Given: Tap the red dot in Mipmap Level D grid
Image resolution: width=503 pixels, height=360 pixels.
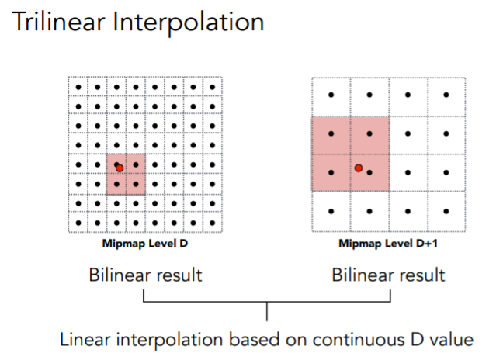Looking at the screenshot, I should [119, 167].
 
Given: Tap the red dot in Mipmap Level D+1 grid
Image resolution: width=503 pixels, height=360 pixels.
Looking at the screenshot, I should [359, 167].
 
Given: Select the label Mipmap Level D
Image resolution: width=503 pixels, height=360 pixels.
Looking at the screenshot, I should [146, 243].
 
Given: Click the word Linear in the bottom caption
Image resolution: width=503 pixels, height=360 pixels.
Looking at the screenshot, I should [85, 340].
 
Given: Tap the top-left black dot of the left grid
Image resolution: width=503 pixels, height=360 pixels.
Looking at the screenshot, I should [78, 86].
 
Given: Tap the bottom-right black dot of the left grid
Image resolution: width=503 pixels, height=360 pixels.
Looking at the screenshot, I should [213, 222].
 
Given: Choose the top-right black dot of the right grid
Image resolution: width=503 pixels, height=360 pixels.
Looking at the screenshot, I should [446, 95].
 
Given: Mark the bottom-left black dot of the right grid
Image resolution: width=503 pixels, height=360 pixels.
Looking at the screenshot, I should [331, 211].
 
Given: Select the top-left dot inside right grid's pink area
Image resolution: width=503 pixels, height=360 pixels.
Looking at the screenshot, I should [331, 133].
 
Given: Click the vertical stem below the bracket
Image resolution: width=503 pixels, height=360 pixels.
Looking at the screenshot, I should [267, 312].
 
